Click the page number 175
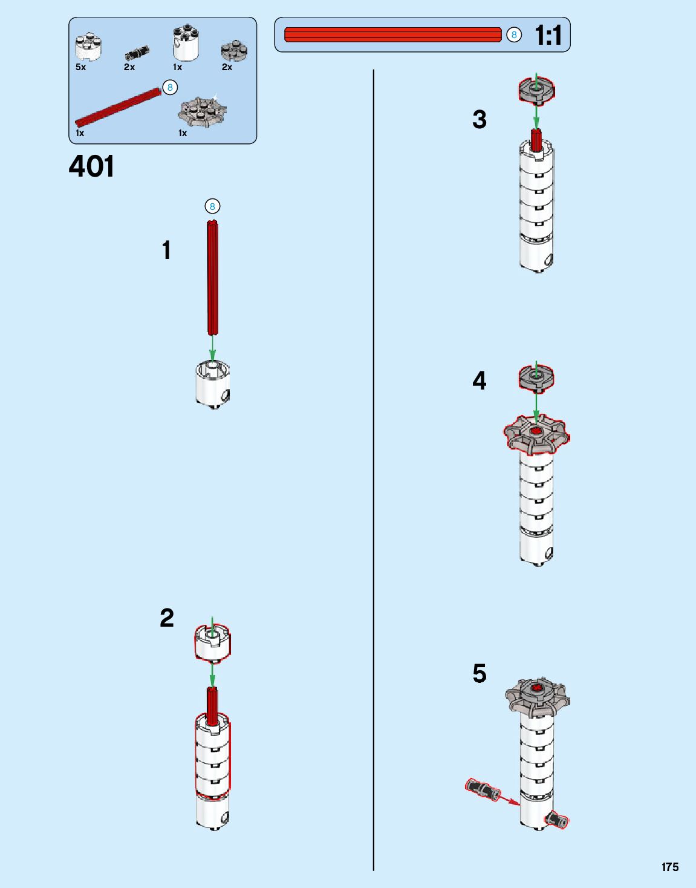[x=670, y=867]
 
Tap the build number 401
[x=91, y=166]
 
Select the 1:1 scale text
[x=548, y=35]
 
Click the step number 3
[x=480, y=120]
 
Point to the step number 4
[x=480, y=381]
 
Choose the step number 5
[x=480, y=673]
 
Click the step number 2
[x=167, y=618]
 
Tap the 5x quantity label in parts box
[x=81, y=67]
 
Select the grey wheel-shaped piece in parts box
[x=202, y=111]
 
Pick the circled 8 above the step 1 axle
[x=212, y=206]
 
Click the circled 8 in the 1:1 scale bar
[x=514, y=35]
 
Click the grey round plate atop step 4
[x=536, y=377]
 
